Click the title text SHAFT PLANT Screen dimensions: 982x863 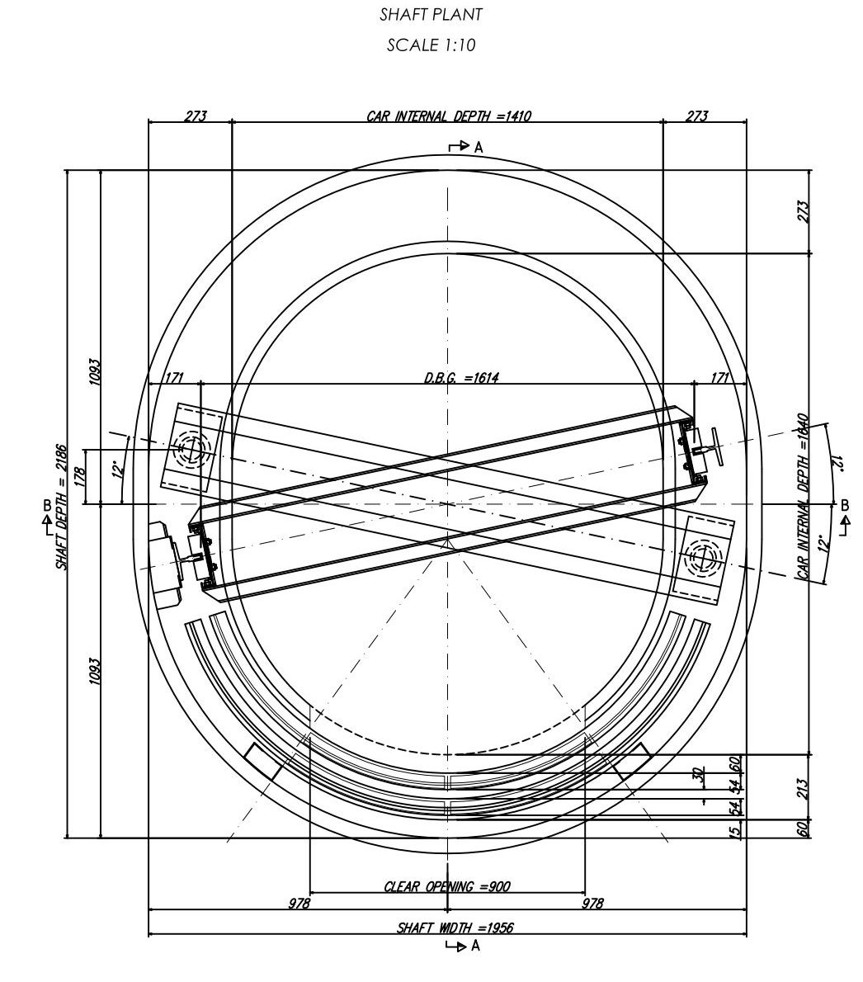[x=431, y=14]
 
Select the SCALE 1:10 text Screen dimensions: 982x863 [x=431, y=45]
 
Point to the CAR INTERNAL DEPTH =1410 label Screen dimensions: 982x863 [x=448, y=116]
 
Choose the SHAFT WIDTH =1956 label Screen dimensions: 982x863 [x=455, y=928]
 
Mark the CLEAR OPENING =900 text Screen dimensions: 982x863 [x=447, y=887]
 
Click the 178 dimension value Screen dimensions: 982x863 [x=79, y=477]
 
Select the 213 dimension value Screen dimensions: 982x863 [x=803, y=787]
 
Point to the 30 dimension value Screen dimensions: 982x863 [x=698, y=775]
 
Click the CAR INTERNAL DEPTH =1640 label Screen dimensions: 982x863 [x=803, y=496]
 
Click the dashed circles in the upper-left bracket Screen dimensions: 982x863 [x=191, y=451]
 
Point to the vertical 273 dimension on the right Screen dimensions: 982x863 [x=803, y=211]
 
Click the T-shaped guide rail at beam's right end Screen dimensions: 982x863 [x=710, y=448]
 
